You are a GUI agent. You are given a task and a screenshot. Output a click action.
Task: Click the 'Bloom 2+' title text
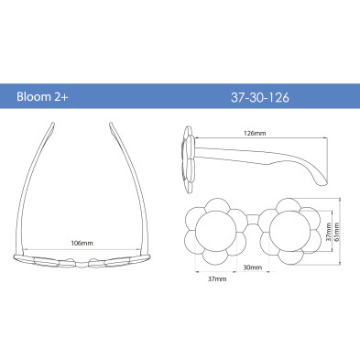pos(42,97)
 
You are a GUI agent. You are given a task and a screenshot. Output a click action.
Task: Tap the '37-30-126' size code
pos(260,97)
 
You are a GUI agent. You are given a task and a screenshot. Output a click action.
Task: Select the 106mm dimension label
pos(82,244)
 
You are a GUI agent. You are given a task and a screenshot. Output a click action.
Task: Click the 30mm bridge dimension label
pos(253,267)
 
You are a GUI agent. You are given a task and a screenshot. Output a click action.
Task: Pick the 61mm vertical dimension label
pos(337,232)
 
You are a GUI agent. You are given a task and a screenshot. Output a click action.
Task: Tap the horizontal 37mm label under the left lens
pos(217,278)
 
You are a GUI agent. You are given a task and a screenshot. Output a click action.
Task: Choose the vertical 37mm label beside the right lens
pos(328,232)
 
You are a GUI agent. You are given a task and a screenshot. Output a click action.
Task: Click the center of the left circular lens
pos(216,231)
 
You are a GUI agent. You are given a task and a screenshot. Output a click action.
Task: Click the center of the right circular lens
pos(289,231)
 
